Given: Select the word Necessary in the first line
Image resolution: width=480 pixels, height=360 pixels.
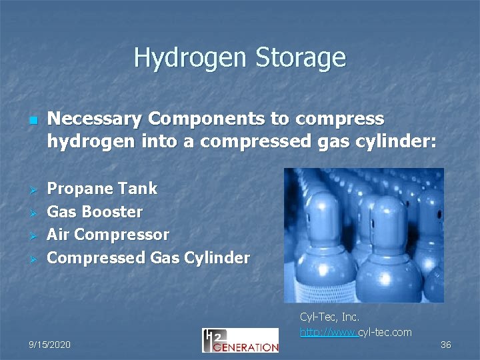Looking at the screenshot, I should [96, 119].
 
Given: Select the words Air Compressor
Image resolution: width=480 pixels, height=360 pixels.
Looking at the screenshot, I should [108, 235].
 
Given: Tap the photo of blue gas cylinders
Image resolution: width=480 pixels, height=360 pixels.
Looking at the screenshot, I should [363, 235].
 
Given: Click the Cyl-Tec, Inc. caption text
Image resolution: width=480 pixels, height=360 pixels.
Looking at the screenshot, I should [329, 317].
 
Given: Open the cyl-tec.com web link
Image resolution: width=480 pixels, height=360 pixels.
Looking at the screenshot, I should [355, 332].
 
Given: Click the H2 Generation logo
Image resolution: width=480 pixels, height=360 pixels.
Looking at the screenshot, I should [240, 340].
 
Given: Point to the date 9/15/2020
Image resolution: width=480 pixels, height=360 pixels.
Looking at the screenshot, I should [49, 345].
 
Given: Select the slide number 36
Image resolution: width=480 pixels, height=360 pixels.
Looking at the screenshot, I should [446, 345].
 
